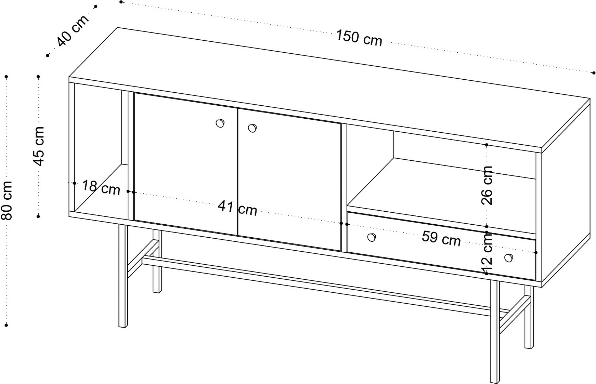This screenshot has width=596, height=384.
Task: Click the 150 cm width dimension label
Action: pyautogui.click(x=359, y=38)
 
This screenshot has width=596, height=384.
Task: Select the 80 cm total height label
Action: pyautogui.click(x=7, y=200)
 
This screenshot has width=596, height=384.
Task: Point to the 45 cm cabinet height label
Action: pyautogui.click(x=39, y=146)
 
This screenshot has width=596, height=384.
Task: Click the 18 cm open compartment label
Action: pyautogui.click(x=101, y=187)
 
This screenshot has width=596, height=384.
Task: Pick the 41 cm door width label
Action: pyautogui.click(x=237, y=208)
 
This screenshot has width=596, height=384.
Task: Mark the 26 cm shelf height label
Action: pyautogui.click(x=487, y=185)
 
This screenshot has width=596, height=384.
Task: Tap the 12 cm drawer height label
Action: pyautogui.click(x=487, y=252)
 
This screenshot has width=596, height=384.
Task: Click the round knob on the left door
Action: pyautogui.click(x=220, y=123)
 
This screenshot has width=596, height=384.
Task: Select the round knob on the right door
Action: pyautogui.click(x=252, y=128)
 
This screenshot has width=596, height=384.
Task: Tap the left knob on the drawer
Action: pyautogui.click(x=372, y=237)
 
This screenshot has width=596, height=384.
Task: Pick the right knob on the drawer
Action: pyautogui.click(x=509, y=258)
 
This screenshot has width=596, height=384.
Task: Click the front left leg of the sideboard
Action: pyautogui.click(x=123, y=276)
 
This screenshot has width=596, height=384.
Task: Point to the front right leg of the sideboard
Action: pyautogui.click(x=495, y=331)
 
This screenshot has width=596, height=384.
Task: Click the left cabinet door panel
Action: pyautogui.click(x=186, y=164)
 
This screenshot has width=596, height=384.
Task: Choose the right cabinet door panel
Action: pyautogui.click(x=289, y=180)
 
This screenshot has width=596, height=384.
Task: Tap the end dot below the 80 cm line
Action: pyautogui.click(x=6, y=325)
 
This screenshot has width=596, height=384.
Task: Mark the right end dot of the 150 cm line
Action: pyautogui.click(x=594, y=73)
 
